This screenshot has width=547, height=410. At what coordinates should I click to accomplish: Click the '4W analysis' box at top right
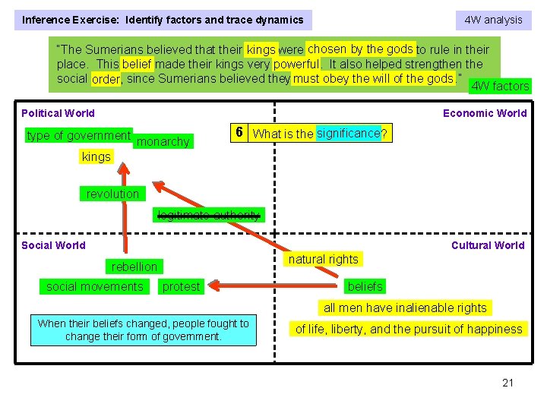pyautogui.click(x=493, y=20)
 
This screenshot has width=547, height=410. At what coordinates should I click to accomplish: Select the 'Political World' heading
pyautogui.click(x=58, y=113)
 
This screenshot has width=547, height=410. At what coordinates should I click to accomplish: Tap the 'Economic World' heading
pyautogui.click(x=485, y=113)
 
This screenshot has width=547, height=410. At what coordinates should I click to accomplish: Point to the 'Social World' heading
pyautogui.click(x=53, y=245)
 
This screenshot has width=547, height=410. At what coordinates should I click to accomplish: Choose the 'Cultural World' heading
pyautogui.click(x=488, y=245)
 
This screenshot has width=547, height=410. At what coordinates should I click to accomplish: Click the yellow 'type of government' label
pyautogui.click(x=78, y=136)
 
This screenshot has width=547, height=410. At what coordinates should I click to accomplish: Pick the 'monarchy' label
pyautogui.click(x=164, y=142)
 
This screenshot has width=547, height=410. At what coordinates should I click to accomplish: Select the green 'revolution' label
pyautogui.click(x=112, y=194)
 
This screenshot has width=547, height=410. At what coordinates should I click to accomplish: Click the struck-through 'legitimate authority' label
pyautogui.click(x=207, y=215)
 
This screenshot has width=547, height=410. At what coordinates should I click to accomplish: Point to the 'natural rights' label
pyautogui.click(x=323, y=259)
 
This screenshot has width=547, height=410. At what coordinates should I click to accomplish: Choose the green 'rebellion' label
pyautogui.click(x=134, y=266)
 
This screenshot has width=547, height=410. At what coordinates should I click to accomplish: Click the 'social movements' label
pyautogui.click(x=94, y=286)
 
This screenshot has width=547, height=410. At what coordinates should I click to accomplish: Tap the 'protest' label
pyautogui.click(x=181, y=286)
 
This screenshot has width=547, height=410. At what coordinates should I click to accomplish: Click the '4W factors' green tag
pyautogui.click(x=500, y=86)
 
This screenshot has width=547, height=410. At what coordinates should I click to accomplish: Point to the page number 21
pyautogui.click(x=507, y=383)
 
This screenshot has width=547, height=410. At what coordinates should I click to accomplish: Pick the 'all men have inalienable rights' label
pyautogui.click(x=405, y=307)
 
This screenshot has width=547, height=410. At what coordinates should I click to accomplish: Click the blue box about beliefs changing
pyautogui.click(x=143, y=330)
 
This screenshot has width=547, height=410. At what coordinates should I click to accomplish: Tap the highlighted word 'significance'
pyautogui.click(x=348, y=134)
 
